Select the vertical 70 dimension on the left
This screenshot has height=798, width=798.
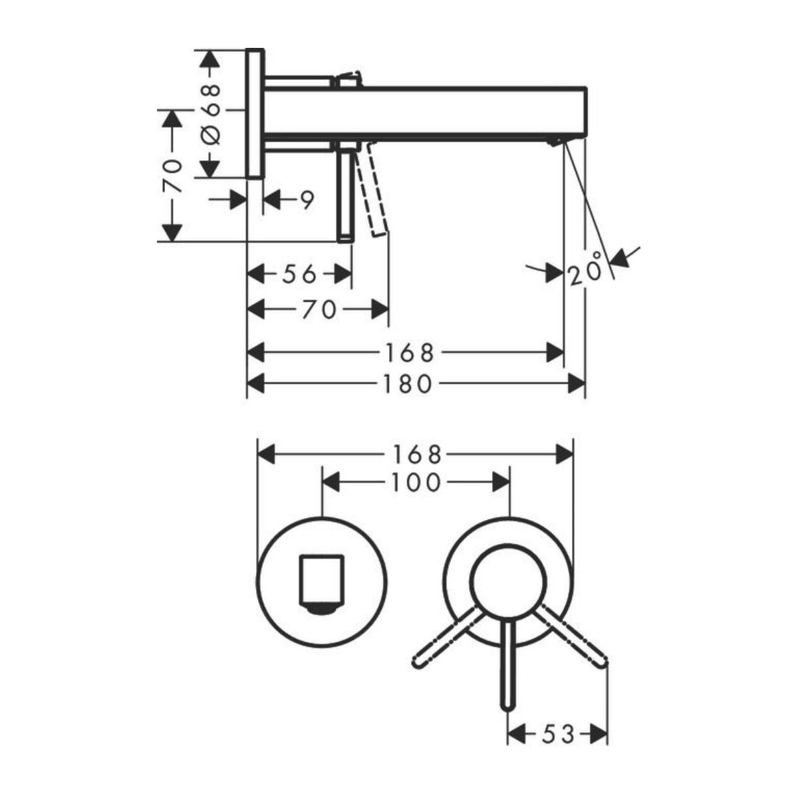coord(172,176)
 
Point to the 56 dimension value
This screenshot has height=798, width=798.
coord(299,273)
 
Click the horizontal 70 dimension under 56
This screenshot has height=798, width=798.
coord(319,309)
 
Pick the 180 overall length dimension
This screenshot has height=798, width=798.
coord(410,383)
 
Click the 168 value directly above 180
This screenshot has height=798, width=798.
coord(410,352)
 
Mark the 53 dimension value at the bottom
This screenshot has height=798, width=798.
coord(557,716)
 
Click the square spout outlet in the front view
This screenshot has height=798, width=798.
coord(323,577)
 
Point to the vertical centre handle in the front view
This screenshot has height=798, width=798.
coord(509,665)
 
